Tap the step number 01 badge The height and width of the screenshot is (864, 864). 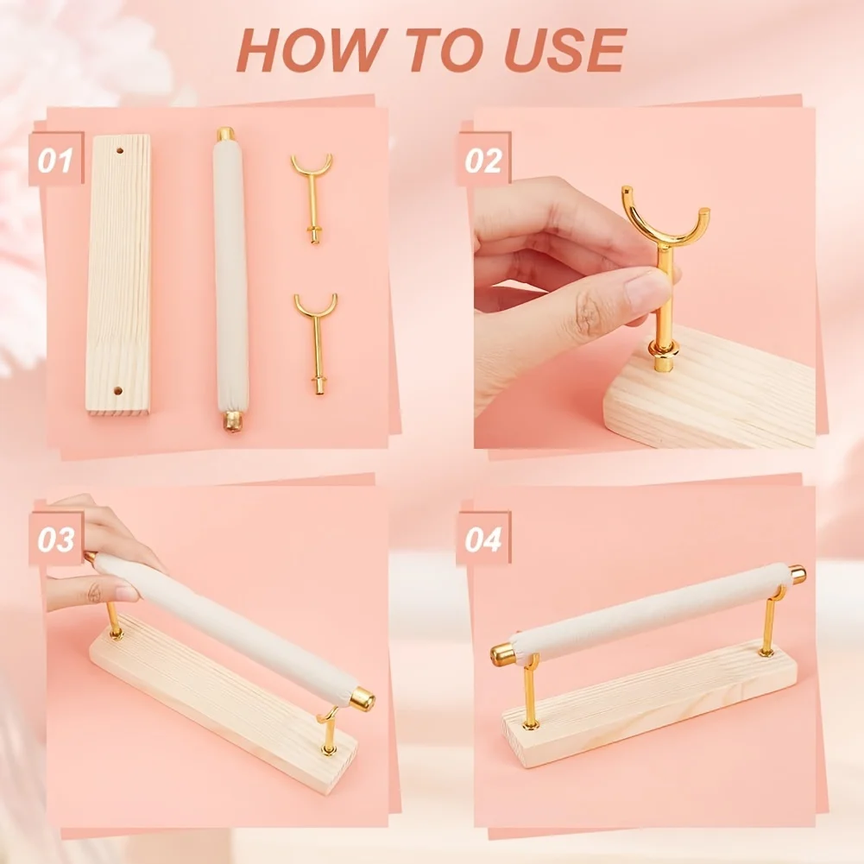click(x=55, y=160)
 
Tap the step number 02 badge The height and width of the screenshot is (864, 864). click(x=483, y=160)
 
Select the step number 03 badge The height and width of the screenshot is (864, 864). click(x=55, y=539)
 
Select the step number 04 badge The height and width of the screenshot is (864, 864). click(x=483, y=539)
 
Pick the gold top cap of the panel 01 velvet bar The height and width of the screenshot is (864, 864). click(x=225, y=135)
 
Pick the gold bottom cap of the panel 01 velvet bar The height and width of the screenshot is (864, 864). click(x=233, y=421)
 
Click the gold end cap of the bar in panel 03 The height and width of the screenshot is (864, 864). click(x=362, y=698)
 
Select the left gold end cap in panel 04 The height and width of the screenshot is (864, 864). click(x=502, y=653)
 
